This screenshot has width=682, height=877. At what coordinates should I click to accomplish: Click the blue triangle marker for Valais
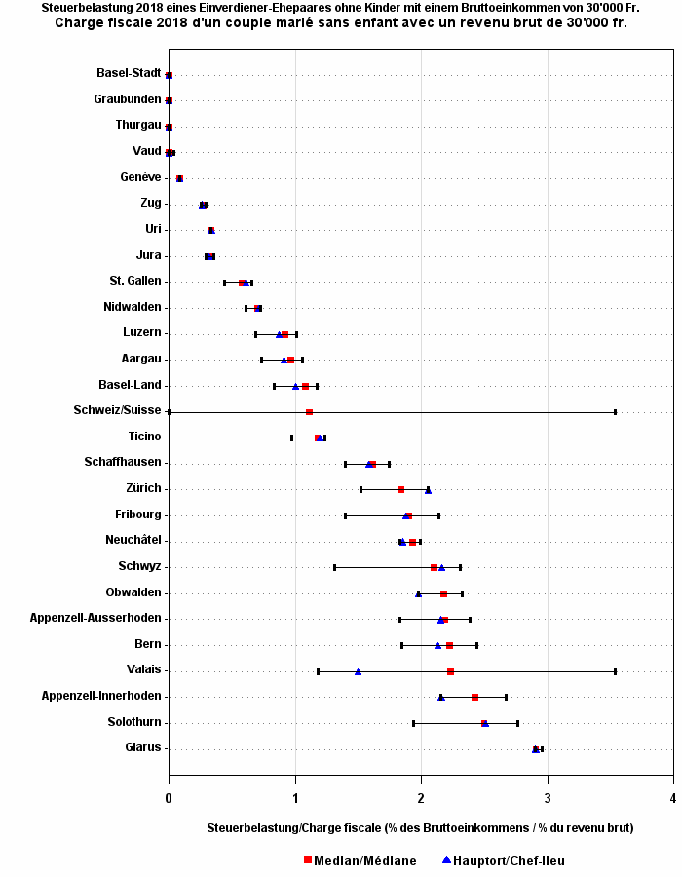click(x=358, y=671)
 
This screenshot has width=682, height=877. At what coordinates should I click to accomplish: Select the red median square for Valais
click(x=450, y=671)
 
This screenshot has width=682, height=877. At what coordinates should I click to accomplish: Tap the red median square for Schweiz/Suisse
click(x=309, y=412)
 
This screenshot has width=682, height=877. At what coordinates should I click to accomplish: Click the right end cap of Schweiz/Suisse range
click(x=615, y=412)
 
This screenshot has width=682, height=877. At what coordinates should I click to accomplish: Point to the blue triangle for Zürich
click(x=428, y=490)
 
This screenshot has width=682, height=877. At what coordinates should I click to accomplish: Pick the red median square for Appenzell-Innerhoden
click(x=474, y=697)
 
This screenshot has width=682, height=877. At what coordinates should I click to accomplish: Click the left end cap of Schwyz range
click(x=334, y=567)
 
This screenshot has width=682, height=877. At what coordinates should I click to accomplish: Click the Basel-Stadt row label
click(x=129, y=73)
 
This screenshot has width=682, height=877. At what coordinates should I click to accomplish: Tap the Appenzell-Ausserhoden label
click(x=95, y=618)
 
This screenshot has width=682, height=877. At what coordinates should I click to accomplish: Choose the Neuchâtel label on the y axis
click(x=133, y=540)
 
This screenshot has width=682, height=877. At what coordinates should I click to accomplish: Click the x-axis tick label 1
click(x=295, y=798)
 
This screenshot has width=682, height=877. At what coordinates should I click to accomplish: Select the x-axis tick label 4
click(x=673, y=798)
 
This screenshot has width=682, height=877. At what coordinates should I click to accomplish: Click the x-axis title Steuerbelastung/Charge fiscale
click(x=420, y=827)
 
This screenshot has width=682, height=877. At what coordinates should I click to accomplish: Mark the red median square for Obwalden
click(x=443, y=593)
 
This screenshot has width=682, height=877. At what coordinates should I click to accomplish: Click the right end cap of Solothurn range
click(x=517, y=723)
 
